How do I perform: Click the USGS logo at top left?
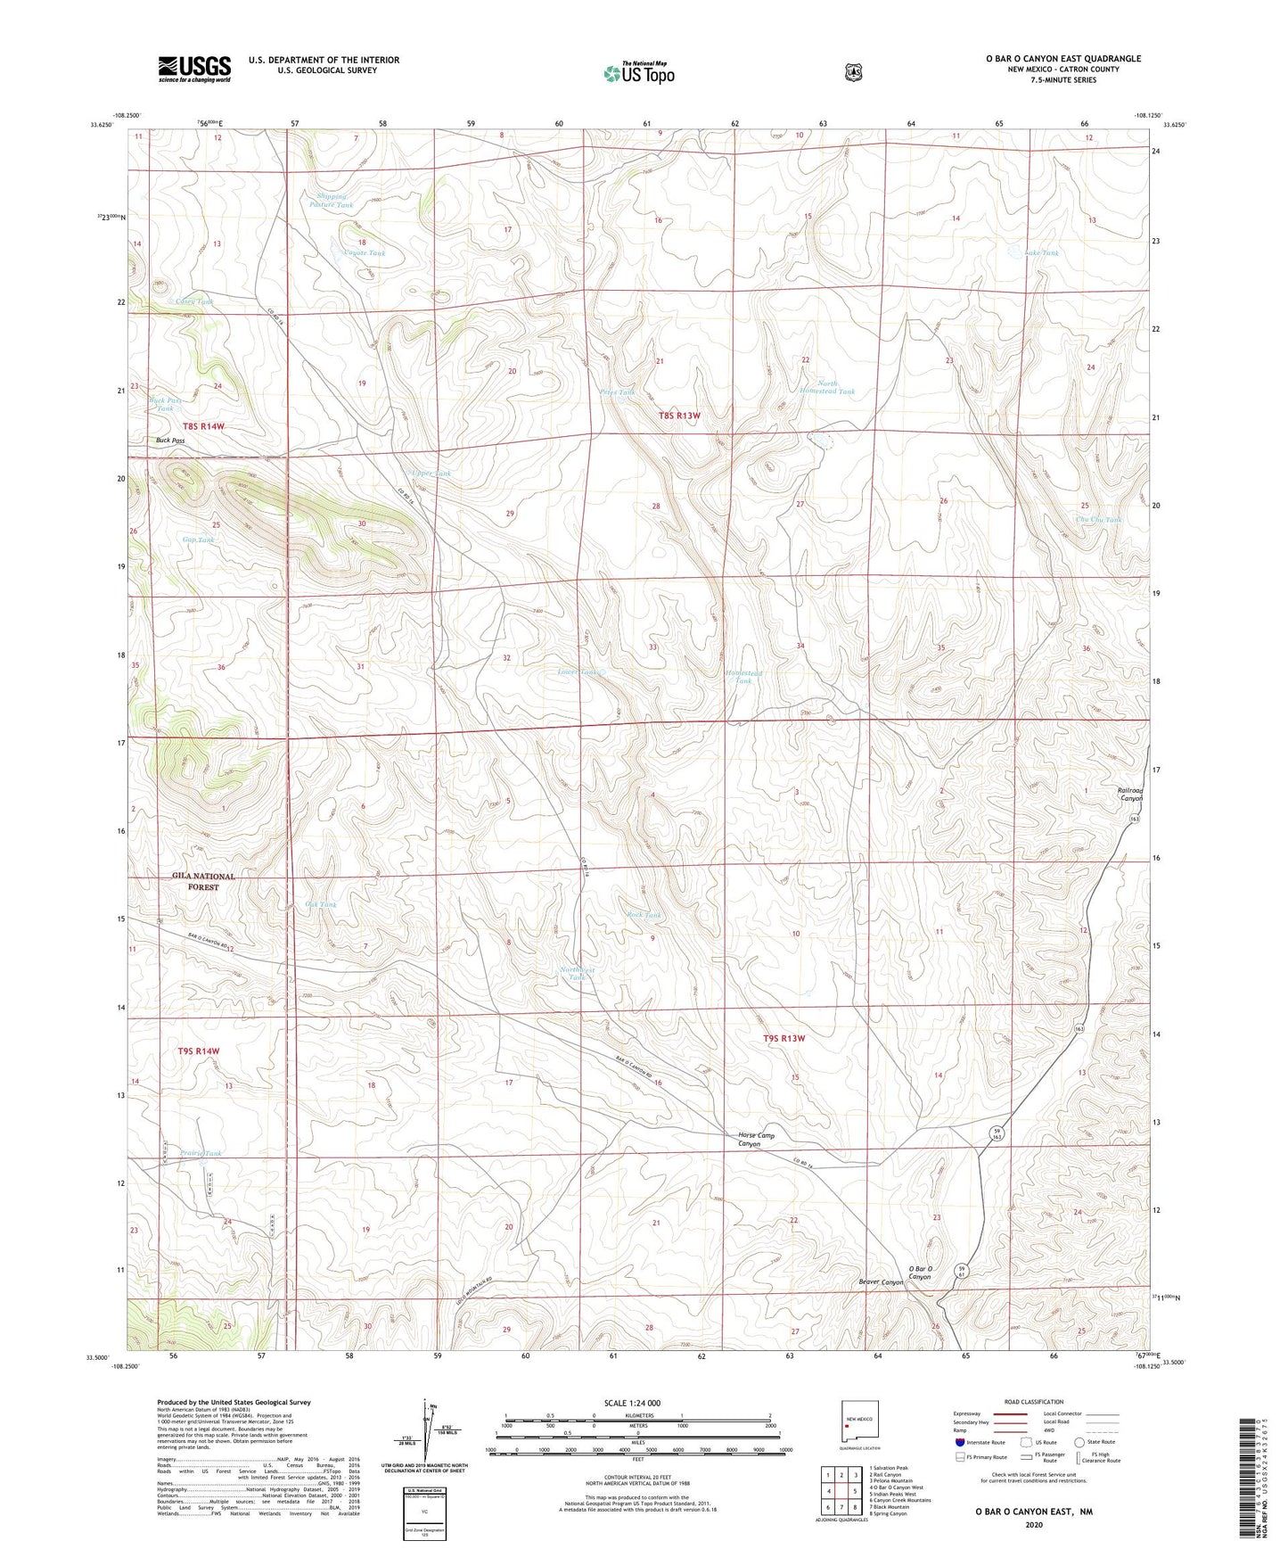click(x=194, y=69)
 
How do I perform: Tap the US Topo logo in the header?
click(x=638, y=72)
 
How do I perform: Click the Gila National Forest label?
click(x=203, y=881)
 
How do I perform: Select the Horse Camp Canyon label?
click(x=756, y=1140)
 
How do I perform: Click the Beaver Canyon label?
click(x=881, y=1282)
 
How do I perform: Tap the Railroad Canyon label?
click(x=1129, y=794)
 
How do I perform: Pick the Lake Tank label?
click(x=1041, y=253)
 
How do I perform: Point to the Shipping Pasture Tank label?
click(x=331, y=201)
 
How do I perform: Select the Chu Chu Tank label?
click(x=1098, y=519)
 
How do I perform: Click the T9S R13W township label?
click(x=783, y=1038)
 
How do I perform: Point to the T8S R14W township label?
click(x=203, y=426)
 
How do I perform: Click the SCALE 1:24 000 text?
click(x=632, y=1403)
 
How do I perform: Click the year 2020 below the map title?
click(x=1033, y=1524)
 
